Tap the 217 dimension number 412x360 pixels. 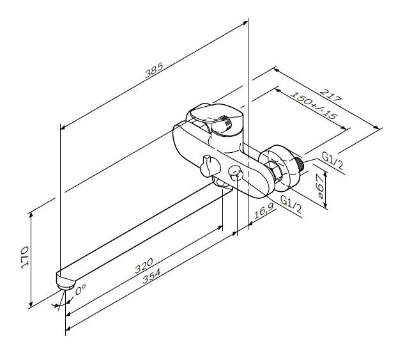(x=333, y=95)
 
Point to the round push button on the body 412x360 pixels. (x=236, y=173)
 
